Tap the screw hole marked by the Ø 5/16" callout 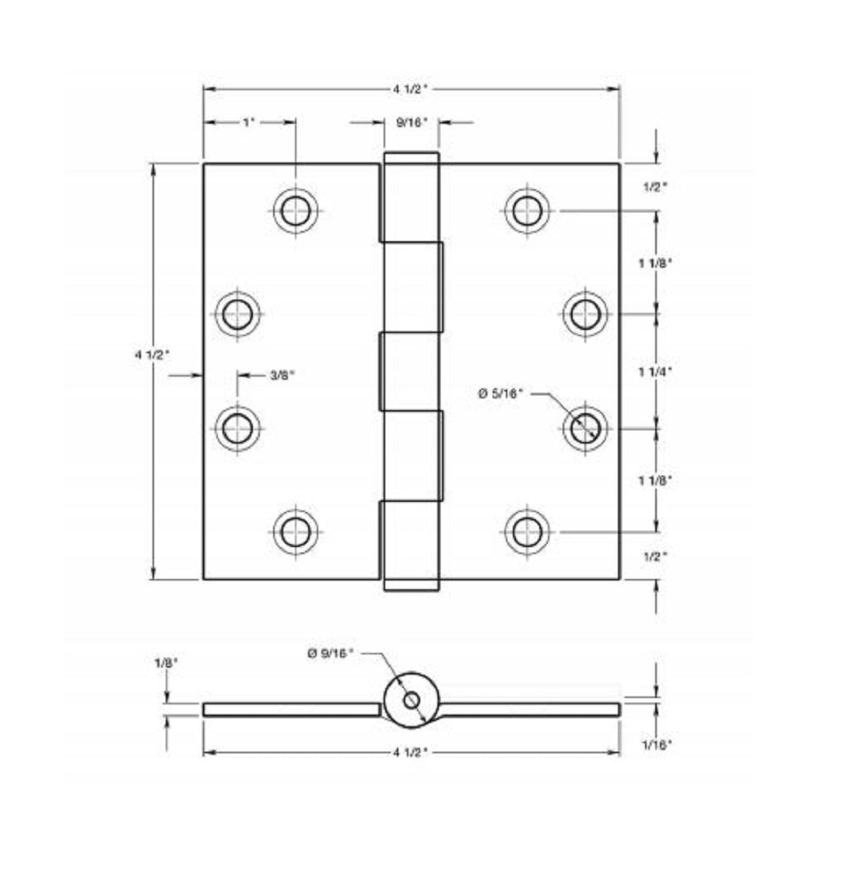584,427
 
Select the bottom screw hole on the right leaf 527,532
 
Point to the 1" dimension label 249,122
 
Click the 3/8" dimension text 282,375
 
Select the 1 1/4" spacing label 654,372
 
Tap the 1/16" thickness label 657,745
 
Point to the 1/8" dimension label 167,662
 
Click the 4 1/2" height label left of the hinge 150,355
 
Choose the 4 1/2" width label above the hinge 411,89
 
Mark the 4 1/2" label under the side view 411,752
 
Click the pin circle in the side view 412,700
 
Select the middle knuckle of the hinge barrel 411,371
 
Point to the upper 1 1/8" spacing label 654,263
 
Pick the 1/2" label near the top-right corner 656,187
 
